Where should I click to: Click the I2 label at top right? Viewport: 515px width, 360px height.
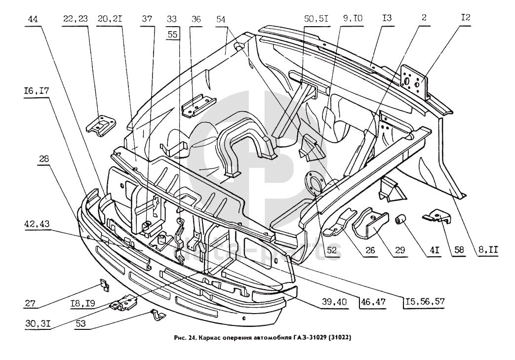point(466,17)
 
